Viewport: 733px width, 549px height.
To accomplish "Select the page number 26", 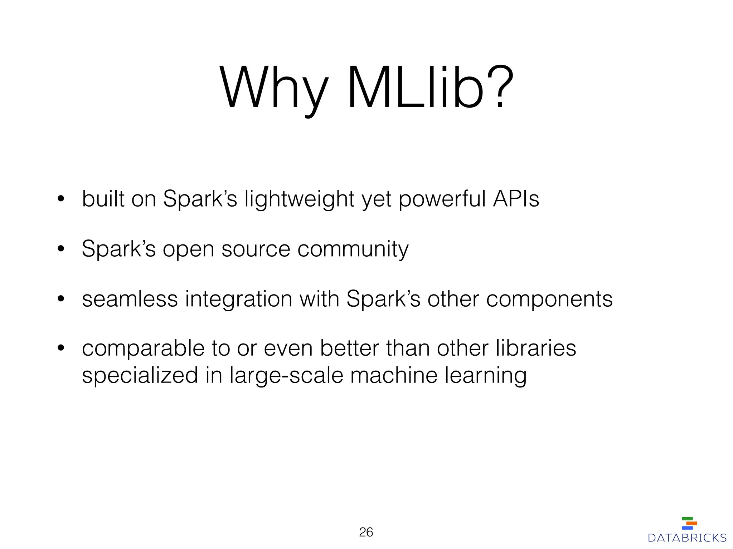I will click(366, 532).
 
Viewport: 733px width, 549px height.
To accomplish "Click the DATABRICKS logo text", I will click(687, 538).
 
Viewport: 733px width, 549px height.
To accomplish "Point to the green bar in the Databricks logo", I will click(687, 518).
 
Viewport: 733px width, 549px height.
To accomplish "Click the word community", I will click(353, 249).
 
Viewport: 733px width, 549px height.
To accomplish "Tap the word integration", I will click(238, 299).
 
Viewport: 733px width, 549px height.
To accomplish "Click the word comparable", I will click(143, 348).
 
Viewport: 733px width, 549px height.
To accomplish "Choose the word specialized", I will click(140, 376).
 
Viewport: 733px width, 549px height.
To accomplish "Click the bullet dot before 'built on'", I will click(60, 199).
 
